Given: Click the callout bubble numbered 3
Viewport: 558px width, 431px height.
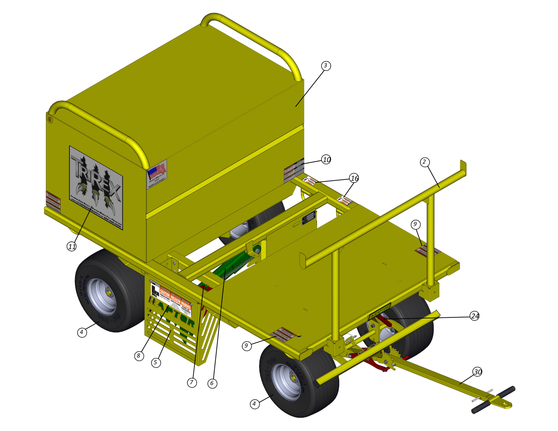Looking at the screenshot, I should pos(325,66).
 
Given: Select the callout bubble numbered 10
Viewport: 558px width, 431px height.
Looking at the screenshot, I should pos(326,160).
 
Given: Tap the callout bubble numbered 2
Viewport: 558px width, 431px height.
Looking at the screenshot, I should pos(424,162).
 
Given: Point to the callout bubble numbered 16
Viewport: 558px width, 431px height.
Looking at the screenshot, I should pos(354,178).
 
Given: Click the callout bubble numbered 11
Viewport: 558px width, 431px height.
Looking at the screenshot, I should pos(72,246).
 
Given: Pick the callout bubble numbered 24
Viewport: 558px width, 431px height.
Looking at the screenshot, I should pos(475,316).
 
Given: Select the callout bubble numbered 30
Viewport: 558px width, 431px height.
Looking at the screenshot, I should pos(478,372).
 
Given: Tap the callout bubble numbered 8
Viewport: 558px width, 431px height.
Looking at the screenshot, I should pos(139,356).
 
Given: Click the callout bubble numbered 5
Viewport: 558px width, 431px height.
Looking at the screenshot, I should pos(156,362).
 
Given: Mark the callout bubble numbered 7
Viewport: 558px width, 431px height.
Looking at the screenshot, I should pos(192,382).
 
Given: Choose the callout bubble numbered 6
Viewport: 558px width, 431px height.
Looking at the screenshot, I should pos(212,383).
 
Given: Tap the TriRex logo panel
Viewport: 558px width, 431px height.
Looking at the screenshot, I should pos(96,187).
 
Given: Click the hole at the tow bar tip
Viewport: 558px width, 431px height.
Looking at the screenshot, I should pos(505,403).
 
